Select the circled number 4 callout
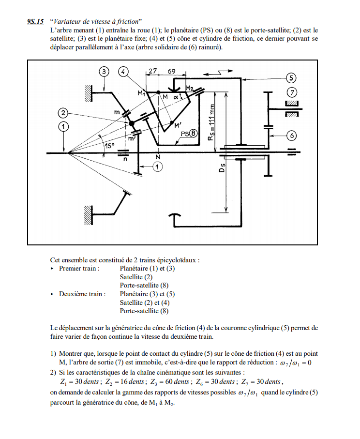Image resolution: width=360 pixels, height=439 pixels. pos(124,72)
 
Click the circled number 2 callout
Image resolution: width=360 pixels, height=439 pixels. pos(63,113)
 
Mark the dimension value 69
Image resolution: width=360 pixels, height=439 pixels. pos(171,71)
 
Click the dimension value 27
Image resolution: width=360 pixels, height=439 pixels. pos(153,71)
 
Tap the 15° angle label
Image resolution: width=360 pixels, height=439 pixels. pos(110,145)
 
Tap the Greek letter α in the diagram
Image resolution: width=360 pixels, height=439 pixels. pos(177,97)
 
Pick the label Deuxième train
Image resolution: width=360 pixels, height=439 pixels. pos(82,293)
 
